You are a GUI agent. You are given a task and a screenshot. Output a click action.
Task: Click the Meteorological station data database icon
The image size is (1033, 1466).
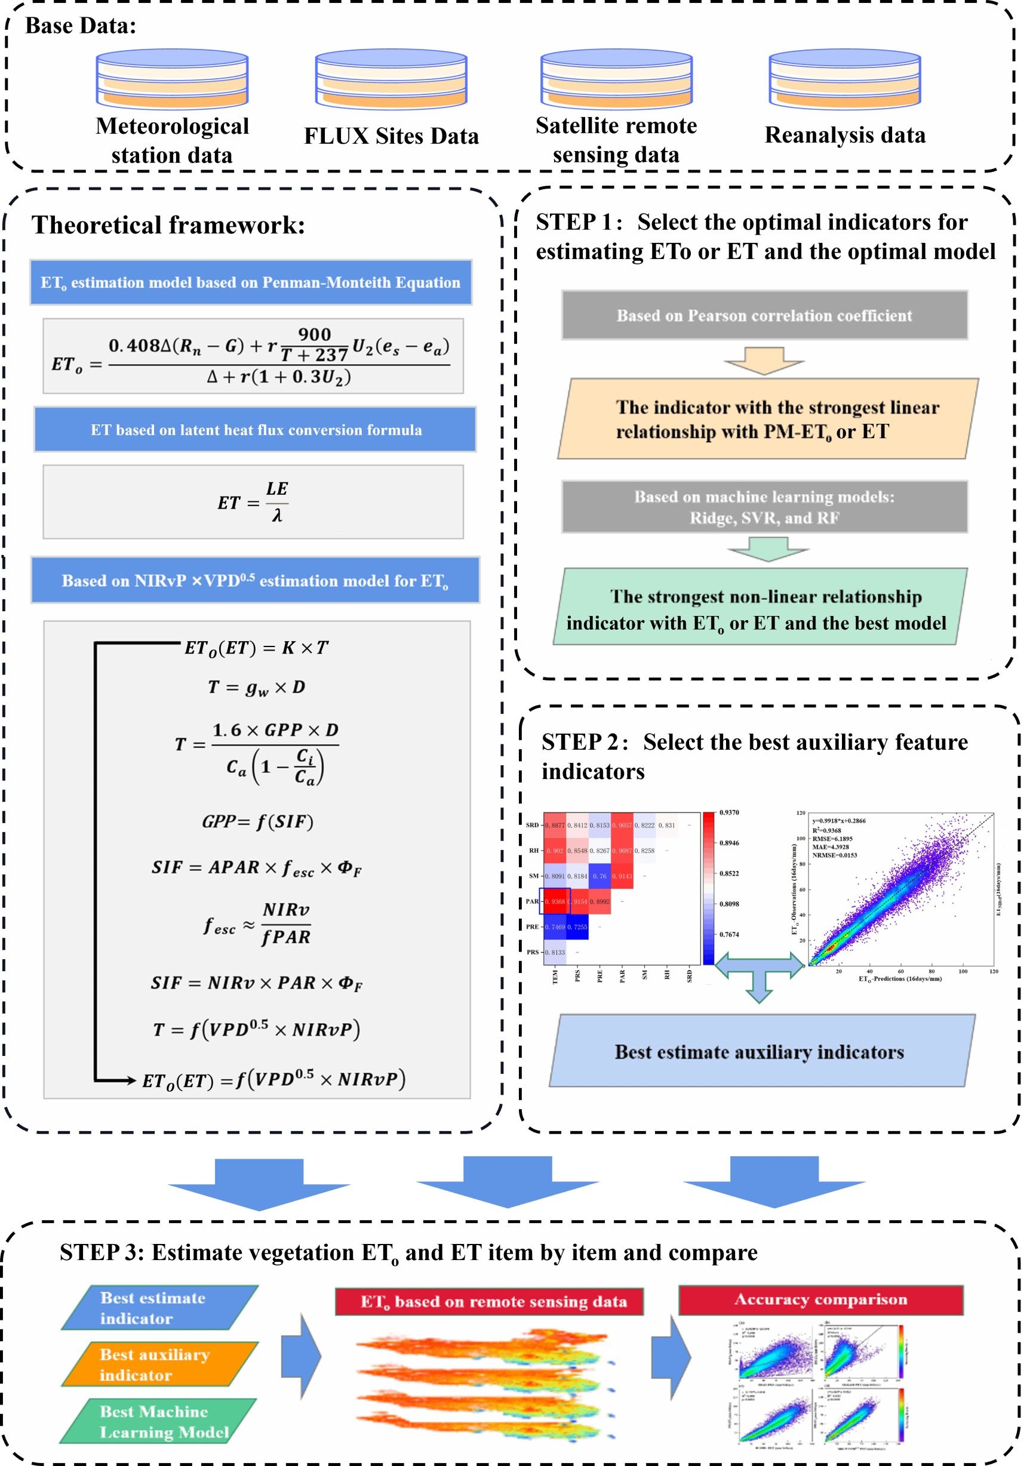[x=172, y=80]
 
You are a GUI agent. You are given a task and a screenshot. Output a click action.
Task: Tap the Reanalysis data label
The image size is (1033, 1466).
[x=844, y=135]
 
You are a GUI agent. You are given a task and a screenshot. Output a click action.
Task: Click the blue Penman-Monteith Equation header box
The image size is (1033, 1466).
[x=250, y=282]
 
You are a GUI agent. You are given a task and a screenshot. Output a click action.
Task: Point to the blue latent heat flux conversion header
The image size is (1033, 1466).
[x=256, y=430]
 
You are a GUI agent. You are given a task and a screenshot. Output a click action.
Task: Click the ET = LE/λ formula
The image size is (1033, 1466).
[x=254, y=502]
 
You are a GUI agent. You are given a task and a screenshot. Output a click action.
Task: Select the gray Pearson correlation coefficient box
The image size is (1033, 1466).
[x=764, y=315]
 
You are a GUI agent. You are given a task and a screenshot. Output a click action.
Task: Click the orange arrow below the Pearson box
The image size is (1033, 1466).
[x=764, y=360]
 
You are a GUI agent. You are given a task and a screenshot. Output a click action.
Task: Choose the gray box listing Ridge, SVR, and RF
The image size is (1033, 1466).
[x=764, y=507]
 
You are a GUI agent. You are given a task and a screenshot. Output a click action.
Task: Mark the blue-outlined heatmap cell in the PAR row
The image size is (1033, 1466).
[x=555, y=901]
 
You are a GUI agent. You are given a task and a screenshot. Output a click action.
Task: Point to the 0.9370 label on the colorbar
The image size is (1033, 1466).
[x=729, y=812]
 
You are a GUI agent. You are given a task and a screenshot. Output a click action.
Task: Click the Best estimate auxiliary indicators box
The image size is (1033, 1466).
[x=760, y=1052]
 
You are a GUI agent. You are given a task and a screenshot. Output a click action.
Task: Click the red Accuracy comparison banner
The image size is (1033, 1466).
[x=820, y=1299]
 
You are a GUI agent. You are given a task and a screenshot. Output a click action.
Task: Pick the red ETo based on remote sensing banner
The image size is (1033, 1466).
[x=490, y=1301]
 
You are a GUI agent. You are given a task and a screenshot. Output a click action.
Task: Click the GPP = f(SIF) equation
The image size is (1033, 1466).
[x=257, y=822]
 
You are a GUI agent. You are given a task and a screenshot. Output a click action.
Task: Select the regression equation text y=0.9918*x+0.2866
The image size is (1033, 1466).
[x=839, y=821]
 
